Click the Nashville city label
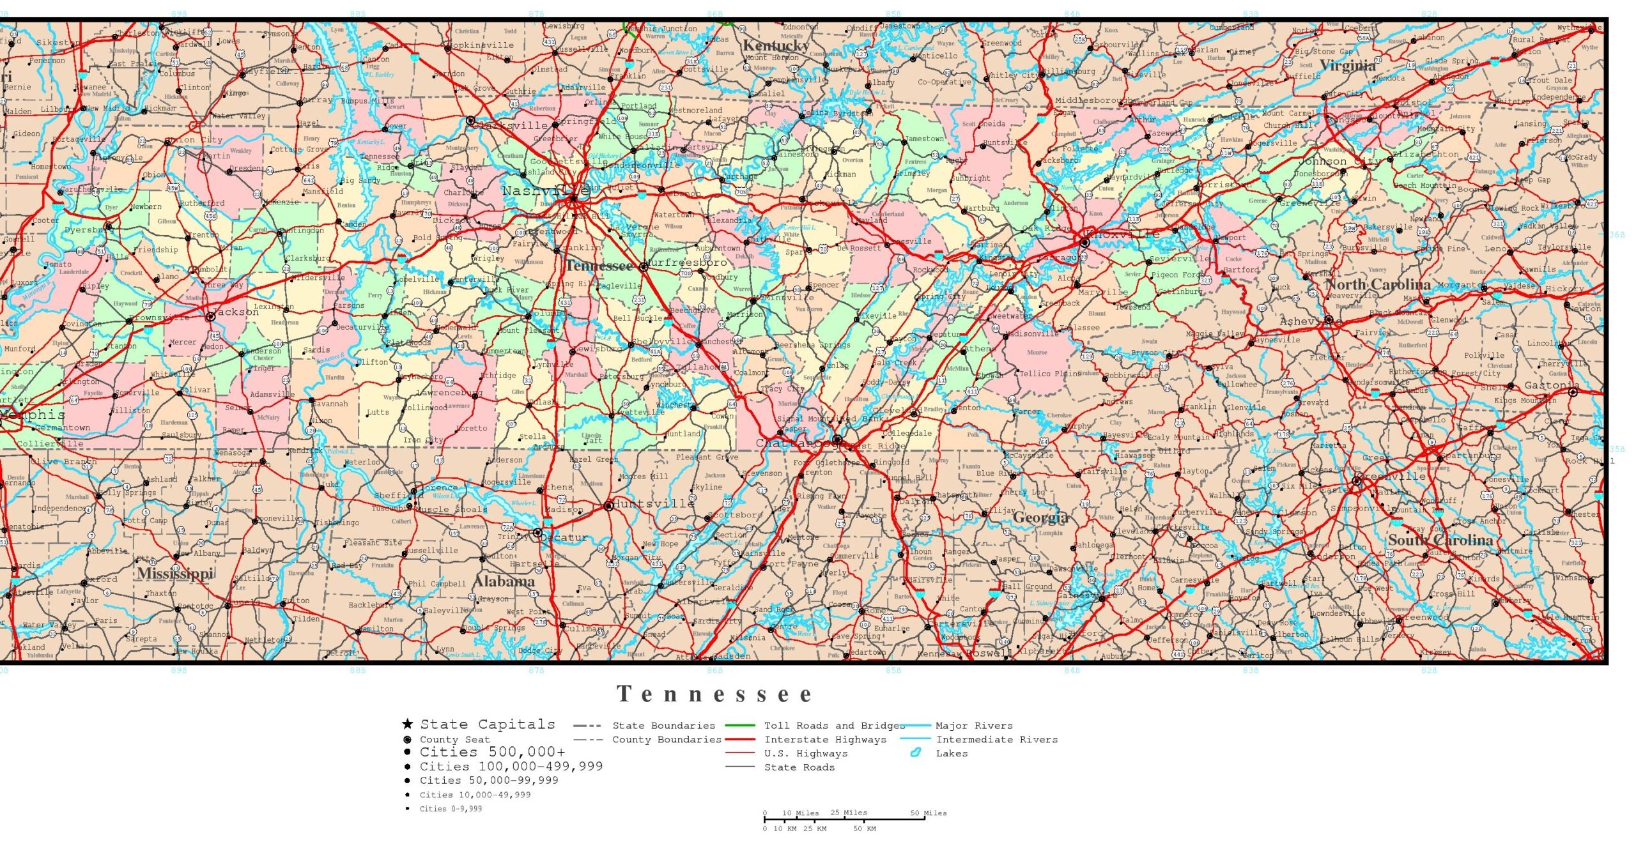(x=536, y=190)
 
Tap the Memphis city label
(x=33, y=415)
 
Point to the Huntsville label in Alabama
(x=653, y=503)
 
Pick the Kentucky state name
(x=775, y=45)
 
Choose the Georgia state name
(x=1040, y=517)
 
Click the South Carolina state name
(x=1440, y=540)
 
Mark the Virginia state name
(x=1347, y=65)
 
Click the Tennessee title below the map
(x=714, y=694)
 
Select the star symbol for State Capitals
(x=407, y=724)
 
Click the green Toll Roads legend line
(x=739, y=726)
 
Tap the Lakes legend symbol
(x=915, y=753)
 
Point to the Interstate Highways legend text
(x=825, y=740)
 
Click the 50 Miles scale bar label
(x=928, y=813)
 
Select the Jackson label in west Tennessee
(x=236, y=312)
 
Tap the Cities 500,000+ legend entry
(x=492, y=752)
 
